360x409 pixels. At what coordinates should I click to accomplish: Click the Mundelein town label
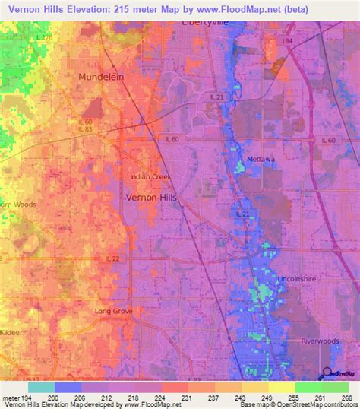(102, 77)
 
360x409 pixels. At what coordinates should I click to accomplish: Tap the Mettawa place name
(260, 159)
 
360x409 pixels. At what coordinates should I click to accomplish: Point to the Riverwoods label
(320, 341)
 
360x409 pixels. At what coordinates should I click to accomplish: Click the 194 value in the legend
(27, 398)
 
